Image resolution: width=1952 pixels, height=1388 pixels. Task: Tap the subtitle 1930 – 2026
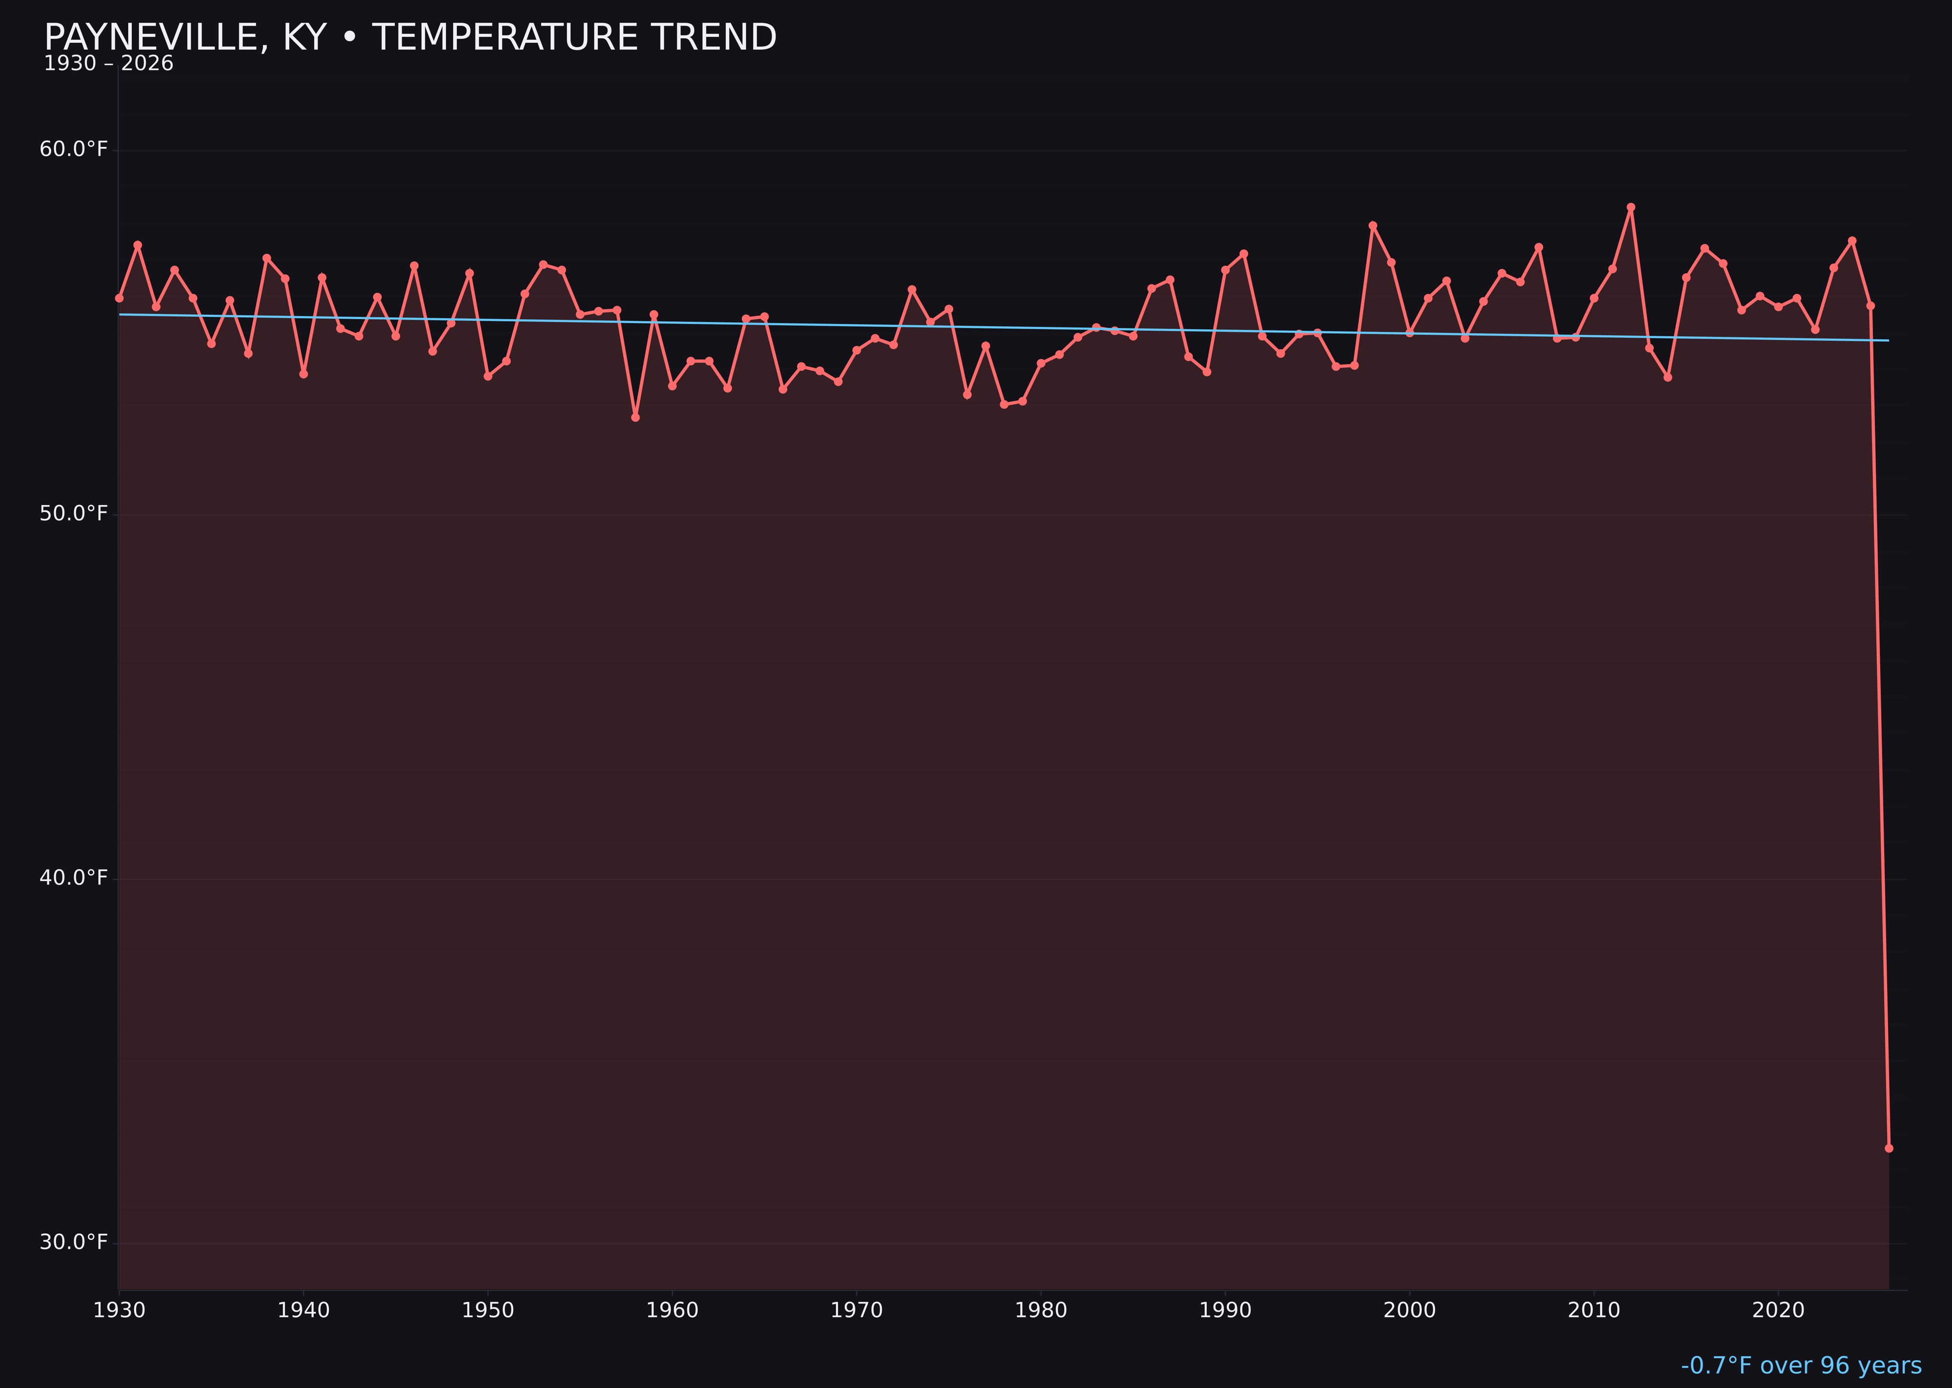(x=108, y=64)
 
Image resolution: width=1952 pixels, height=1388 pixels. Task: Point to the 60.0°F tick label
(x=74, y=149)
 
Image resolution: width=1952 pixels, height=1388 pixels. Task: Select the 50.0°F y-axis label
(x=74, y=513)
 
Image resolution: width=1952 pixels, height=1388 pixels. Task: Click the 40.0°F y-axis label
(x=74, y=878)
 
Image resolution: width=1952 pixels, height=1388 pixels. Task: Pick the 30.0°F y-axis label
(x=74, y=1242)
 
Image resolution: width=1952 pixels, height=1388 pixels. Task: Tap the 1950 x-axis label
(x=488, y=1310)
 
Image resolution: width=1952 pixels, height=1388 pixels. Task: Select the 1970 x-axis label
(x=856, y=1310)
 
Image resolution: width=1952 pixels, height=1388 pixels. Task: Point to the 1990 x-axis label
(x=1225, y=1310)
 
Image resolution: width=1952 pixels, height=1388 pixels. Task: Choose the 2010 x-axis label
(x=1594, y=1310)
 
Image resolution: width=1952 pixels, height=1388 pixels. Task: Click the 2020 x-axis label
(x=1778, y=1310)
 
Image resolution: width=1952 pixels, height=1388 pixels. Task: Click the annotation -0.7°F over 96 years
(x=1801, y=1366)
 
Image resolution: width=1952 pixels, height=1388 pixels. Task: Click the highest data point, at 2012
(x=1631, y=207)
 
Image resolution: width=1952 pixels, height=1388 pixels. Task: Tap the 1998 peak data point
(x=1373, y=225)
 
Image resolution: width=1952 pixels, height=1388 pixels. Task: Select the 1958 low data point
(x=635, y=417)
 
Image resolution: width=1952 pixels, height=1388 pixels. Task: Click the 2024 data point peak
(x=1852, y=241)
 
